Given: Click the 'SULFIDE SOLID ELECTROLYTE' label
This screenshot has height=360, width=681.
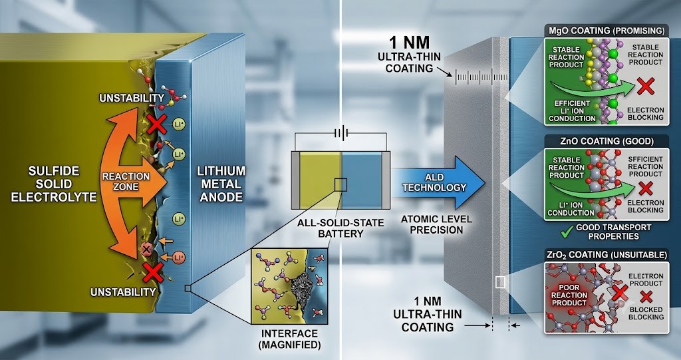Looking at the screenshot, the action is pyautogui.click(x=53, y=184).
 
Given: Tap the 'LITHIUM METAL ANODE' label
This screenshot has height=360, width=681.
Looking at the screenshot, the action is pyautogui.click(x=221, y=184).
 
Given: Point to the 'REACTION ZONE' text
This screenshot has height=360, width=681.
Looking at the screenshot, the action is pyautogui.click(x=126, y=181).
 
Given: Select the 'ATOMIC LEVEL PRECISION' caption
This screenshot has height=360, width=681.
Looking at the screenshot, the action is pyautogui.click(x=436, y=224).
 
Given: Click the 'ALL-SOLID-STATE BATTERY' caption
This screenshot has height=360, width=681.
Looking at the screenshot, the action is pyautogui.click(x=340, y=228).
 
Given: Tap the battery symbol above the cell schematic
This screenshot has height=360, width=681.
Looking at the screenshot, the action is pyautogui.click(x=340, y=132).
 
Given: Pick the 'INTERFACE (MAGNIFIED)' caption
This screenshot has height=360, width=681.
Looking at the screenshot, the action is pyautogui.click(x=289, y=339).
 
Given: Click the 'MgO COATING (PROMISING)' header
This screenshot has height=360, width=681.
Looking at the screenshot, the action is pyautogui.click(x=607, y=31).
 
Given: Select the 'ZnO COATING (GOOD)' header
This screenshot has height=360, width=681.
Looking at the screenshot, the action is pyautogui.click(x=607, y=141).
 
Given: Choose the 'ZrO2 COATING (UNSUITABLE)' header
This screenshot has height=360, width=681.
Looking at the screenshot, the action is pyautogui.click(x=607, y=255).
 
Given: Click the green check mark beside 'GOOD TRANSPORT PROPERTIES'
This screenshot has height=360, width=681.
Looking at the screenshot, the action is pyautogui.click(x=567, y=232).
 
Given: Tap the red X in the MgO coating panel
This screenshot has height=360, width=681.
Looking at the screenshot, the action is pyautogui.click(x=645, y=86).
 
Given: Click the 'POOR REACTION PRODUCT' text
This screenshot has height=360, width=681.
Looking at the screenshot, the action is pyautogui.click(x=569, y=295).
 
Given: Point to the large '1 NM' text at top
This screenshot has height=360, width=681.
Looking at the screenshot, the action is pyautogui.click(x=409, y=43).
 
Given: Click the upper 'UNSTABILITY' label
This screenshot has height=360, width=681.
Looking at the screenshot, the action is pyautogui.click(x=132, y=98).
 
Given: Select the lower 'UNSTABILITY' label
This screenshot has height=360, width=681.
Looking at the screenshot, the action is pyautogui.click(x=123, y=291).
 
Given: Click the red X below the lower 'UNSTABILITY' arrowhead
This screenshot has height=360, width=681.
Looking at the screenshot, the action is pyautogui.click(x=152, y=273).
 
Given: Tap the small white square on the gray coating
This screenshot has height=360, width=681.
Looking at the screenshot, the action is pyautogui.click(x=500, y=282).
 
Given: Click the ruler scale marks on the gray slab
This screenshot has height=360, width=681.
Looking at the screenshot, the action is pyautogui.click(x=481, y=77).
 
